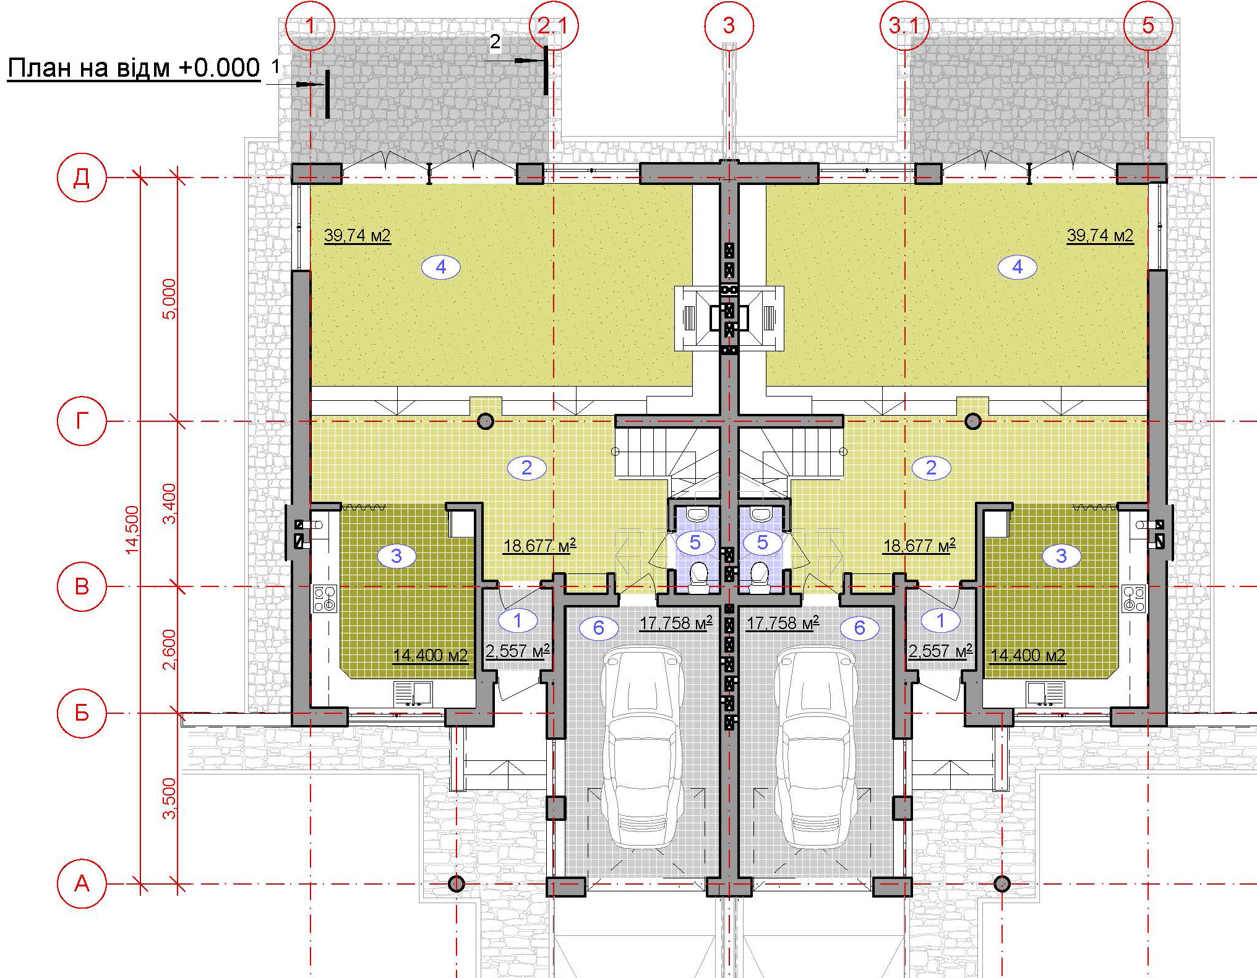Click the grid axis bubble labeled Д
[x=82, y=178]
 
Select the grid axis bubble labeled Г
[x=82, y=421]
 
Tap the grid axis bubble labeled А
[x=82, y=884]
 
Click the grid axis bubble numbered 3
[x=729, y=25]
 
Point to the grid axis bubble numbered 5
[x=1148, y=25]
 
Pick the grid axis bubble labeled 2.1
[x=554, y=25]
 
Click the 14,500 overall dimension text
[x=132, y=530]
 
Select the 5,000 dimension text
[x=169, y=299]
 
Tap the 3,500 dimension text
[x=169, y=799]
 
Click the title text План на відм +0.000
[x=134, y=68]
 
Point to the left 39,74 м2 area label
[x=358, y=236]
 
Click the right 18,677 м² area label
[x=919, y=546]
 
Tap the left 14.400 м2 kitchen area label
[x=431, y=656]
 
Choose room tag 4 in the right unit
[x=1018, y=267]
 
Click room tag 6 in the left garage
[x=598, y=628]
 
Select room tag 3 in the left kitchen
[x=397, y=556]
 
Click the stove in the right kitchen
[x=1134, y=598]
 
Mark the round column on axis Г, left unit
[x=486, y=422]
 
